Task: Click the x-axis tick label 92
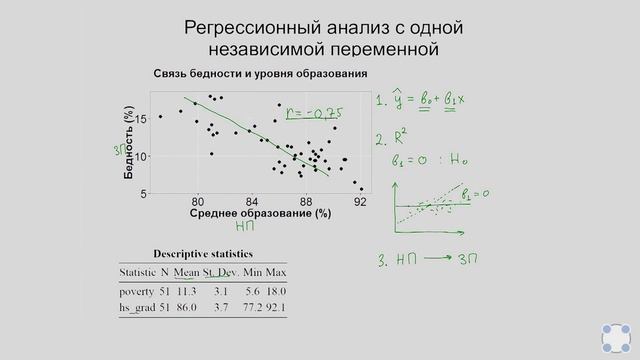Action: click(360, 201)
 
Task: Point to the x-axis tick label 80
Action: click(198, 201)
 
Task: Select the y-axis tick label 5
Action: click(144, 193)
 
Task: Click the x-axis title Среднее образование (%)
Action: click(259, 214)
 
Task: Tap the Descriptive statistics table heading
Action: click(203, 253)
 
